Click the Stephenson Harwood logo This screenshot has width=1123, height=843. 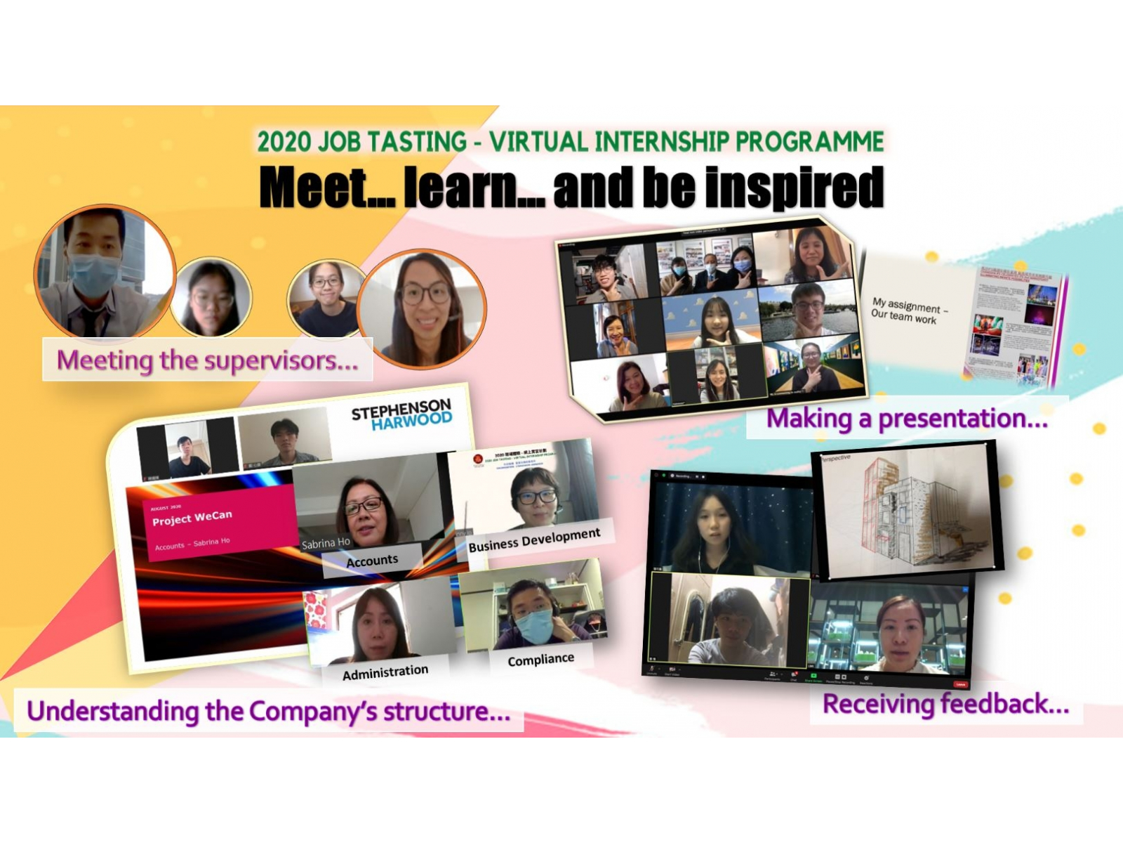click(401, 414)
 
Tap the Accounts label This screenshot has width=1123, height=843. click(372, 560)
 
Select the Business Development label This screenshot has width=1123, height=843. click(534, 540)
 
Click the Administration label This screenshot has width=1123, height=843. click(385, 672)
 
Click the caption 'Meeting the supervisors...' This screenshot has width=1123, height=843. click(207, 360)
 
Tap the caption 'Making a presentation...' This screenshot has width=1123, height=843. click(907, 419)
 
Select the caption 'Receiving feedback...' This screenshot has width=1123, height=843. click(945, 704)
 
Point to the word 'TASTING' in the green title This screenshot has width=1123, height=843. click(418, 142)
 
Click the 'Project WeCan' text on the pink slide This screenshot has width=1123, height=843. click(192, 517)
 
